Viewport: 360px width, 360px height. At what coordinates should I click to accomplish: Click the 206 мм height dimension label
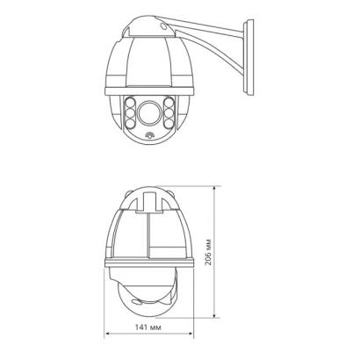[x=208, y=252]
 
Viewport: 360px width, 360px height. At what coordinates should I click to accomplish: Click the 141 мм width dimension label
[x=148, y=328]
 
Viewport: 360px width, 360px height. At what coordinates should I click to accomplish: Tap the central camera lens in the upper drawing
[x=149, y=113]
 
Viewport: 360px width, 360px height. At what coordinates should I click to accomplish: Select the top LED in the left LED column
[x=130, y=103]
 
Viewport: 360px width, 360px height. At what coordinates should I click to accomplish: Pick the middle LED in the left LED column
[x=130, y=113]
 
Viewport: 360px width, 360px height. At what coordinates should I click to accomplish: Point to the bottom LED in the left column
[x=130, y=123]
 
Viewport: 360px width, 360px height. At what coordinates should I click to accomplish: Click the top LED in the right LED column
[x=169, y=103]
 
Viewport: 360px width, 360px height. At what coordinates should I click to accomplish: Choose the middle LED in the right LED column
[x=169, y=113]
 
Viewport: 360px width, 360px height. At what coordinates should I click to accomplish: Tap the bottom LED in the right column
[x=169, y=123]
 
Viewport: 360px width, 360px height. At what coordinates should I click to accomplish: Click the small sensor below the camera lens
[x=149, y=135]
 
